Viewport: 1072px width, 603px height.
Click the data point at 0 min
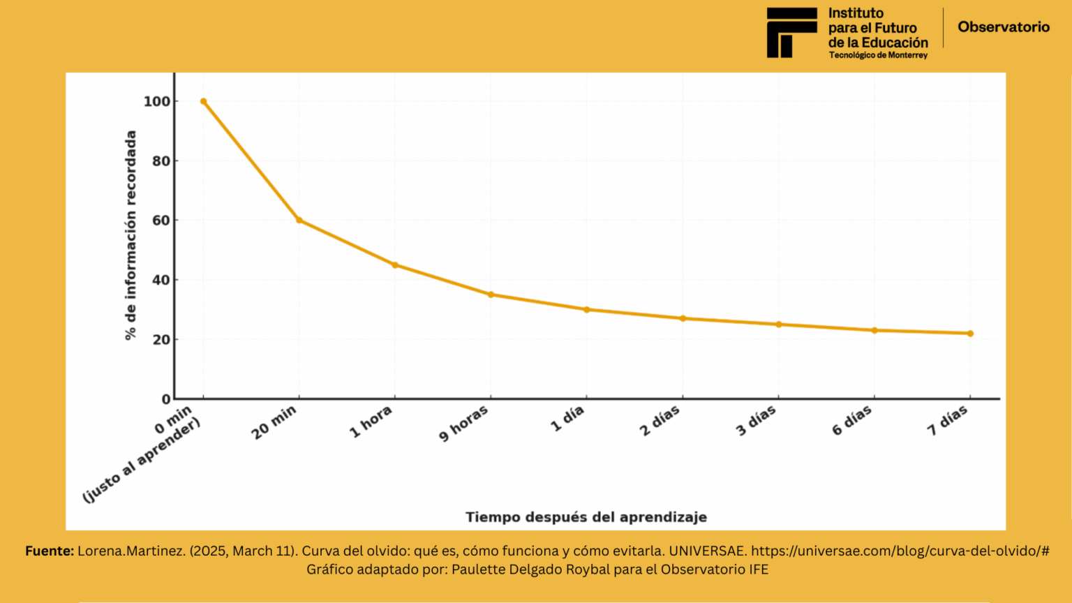pos(203,101)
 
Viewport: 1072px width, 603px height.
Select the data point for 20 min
pos(299,221)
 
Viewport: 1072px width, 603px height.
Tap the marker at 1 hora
pos(395,265)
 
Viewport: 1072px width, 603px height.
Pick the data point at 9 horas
pos(491,295)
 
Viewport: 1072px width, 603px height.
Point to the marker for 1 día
pos(587,310)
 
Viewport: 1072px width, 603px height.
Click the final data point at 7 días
pos(970,334)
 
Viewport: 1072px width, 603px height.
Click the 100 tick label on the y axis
pos(157,102)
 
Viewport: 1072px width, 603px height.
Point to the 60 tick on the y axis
pos(161,221)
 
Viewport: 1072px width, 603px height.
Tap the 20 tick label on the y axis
pos(161,340)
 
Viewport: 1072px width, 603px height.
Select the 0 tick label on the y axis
pos(166,399)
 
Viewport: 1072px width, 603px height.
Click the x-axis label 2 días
pos(660,422)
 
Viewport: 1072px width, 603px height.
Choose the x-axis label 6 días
pos(851,421)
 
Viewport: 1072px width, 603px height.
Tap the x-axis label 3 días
pos(756,422)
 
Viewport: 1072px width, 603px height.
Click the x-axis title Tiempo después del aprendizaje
pos(586,517)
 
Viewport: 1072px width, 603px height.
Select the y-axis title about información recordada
pos(131,235)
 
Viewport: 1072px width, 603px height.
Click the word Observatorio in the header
pos(1003,27)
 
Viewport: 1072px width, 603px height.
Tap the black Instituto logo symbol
pos(791,33)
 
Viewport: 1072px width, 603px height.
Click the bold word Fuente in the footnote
pos(50,551)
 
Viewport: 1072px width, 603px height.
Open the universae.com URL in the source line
pos(900,551)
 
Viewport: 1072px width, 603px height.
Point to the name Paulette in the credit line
pos(478,569)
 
